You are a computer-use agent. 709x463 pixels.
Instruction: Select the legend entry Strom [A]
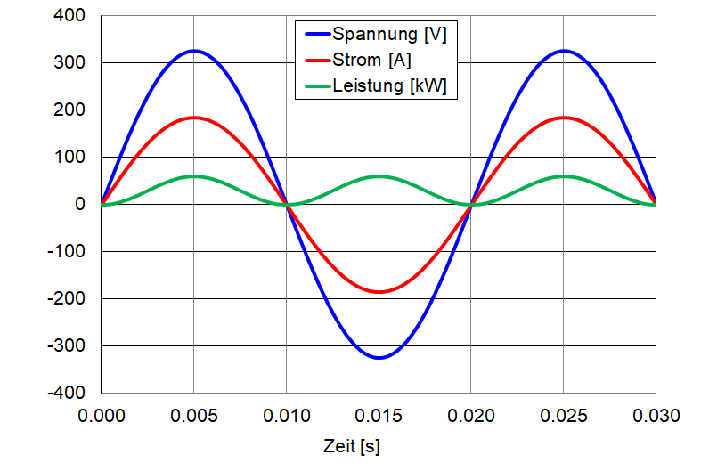371,61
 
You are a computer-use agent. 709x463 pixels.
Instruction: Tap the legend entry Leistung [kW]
389,85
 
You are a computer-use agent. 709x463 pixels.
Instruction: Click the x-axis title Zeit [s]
351,445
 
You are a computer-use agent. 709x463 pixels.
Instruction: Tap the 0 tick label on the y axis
80,205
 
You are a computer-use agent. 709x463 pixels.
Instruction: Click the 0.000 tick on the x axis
101,415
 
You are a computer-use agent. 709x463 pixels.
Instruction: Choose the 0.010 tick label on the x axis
286,415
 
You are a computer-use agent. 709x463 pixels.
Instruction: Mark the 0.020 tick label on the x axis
470,415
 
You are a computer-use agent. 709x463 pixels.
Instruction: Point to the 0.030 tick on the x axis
656,415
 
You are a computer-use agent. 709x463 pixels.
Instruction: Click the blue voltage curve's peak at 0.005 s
193,51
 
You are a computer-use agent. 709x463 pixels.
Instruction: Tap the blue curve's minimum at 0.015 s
379,358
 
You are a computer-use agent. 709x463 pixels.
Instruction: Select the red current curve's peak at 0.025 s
563,118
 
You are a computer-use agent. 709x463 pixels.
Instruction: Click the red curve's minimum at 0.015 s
379,291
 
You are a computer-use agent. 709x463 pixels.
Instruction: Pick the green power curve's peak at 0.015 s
379,176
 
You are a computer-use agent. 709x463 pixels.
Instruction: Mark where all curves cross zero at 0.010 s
286,205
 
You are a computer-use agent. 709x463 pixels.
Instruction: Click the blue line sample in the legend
316,36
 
